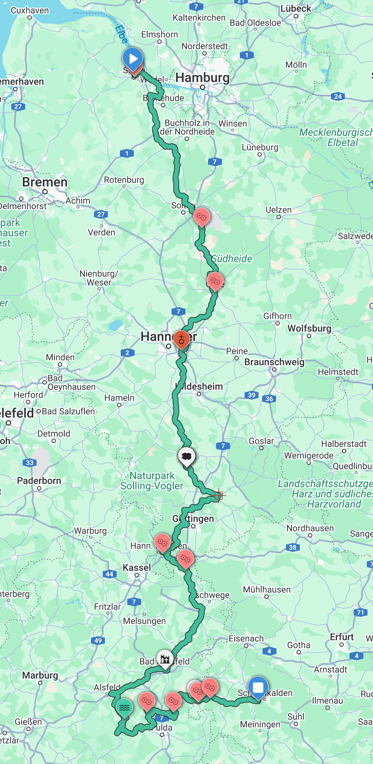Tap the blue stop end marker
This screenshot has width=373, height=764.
(x=258, y=687)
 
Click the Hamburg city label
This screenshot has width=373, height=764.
(x=203, y=77)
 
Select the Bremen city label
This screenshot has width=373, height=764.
(x=45, y=182)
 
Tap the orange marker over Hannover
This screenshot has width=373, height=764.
(x=181, y=339)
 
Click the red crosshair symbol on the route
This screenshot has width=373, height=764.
(x=219, y=496)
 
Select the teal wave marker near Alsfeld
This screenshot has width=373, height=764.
(x=124, y=707)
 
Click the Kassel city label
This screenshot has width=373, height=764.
(x=137, y=568)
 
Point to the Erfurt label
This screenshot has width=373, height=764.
(x=342, y=637)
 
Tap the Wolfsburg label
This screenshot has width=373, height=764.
(x=309, y=328)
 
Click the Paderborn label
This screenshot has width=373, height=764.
(x=39, y=481)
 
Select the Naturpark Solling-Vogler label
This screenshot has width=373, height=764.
(x=152, y=481)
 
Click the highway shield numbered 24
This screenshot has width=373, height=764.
(x=338, y=96)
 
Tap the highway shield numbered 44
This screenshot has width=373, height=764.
(x=109, y=574)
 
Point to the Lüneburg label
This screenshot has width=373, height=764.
(x=260, y=147)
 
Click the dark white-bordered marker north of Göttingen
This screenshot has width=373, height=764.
(x=186, y=456)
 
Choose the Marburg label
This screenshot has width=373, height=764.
(x=40, y=675)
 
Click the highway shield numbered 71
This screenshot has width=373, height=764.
(x=361, y=612)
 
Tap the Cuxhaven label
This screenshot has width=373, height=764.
(x=30, y=10)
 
